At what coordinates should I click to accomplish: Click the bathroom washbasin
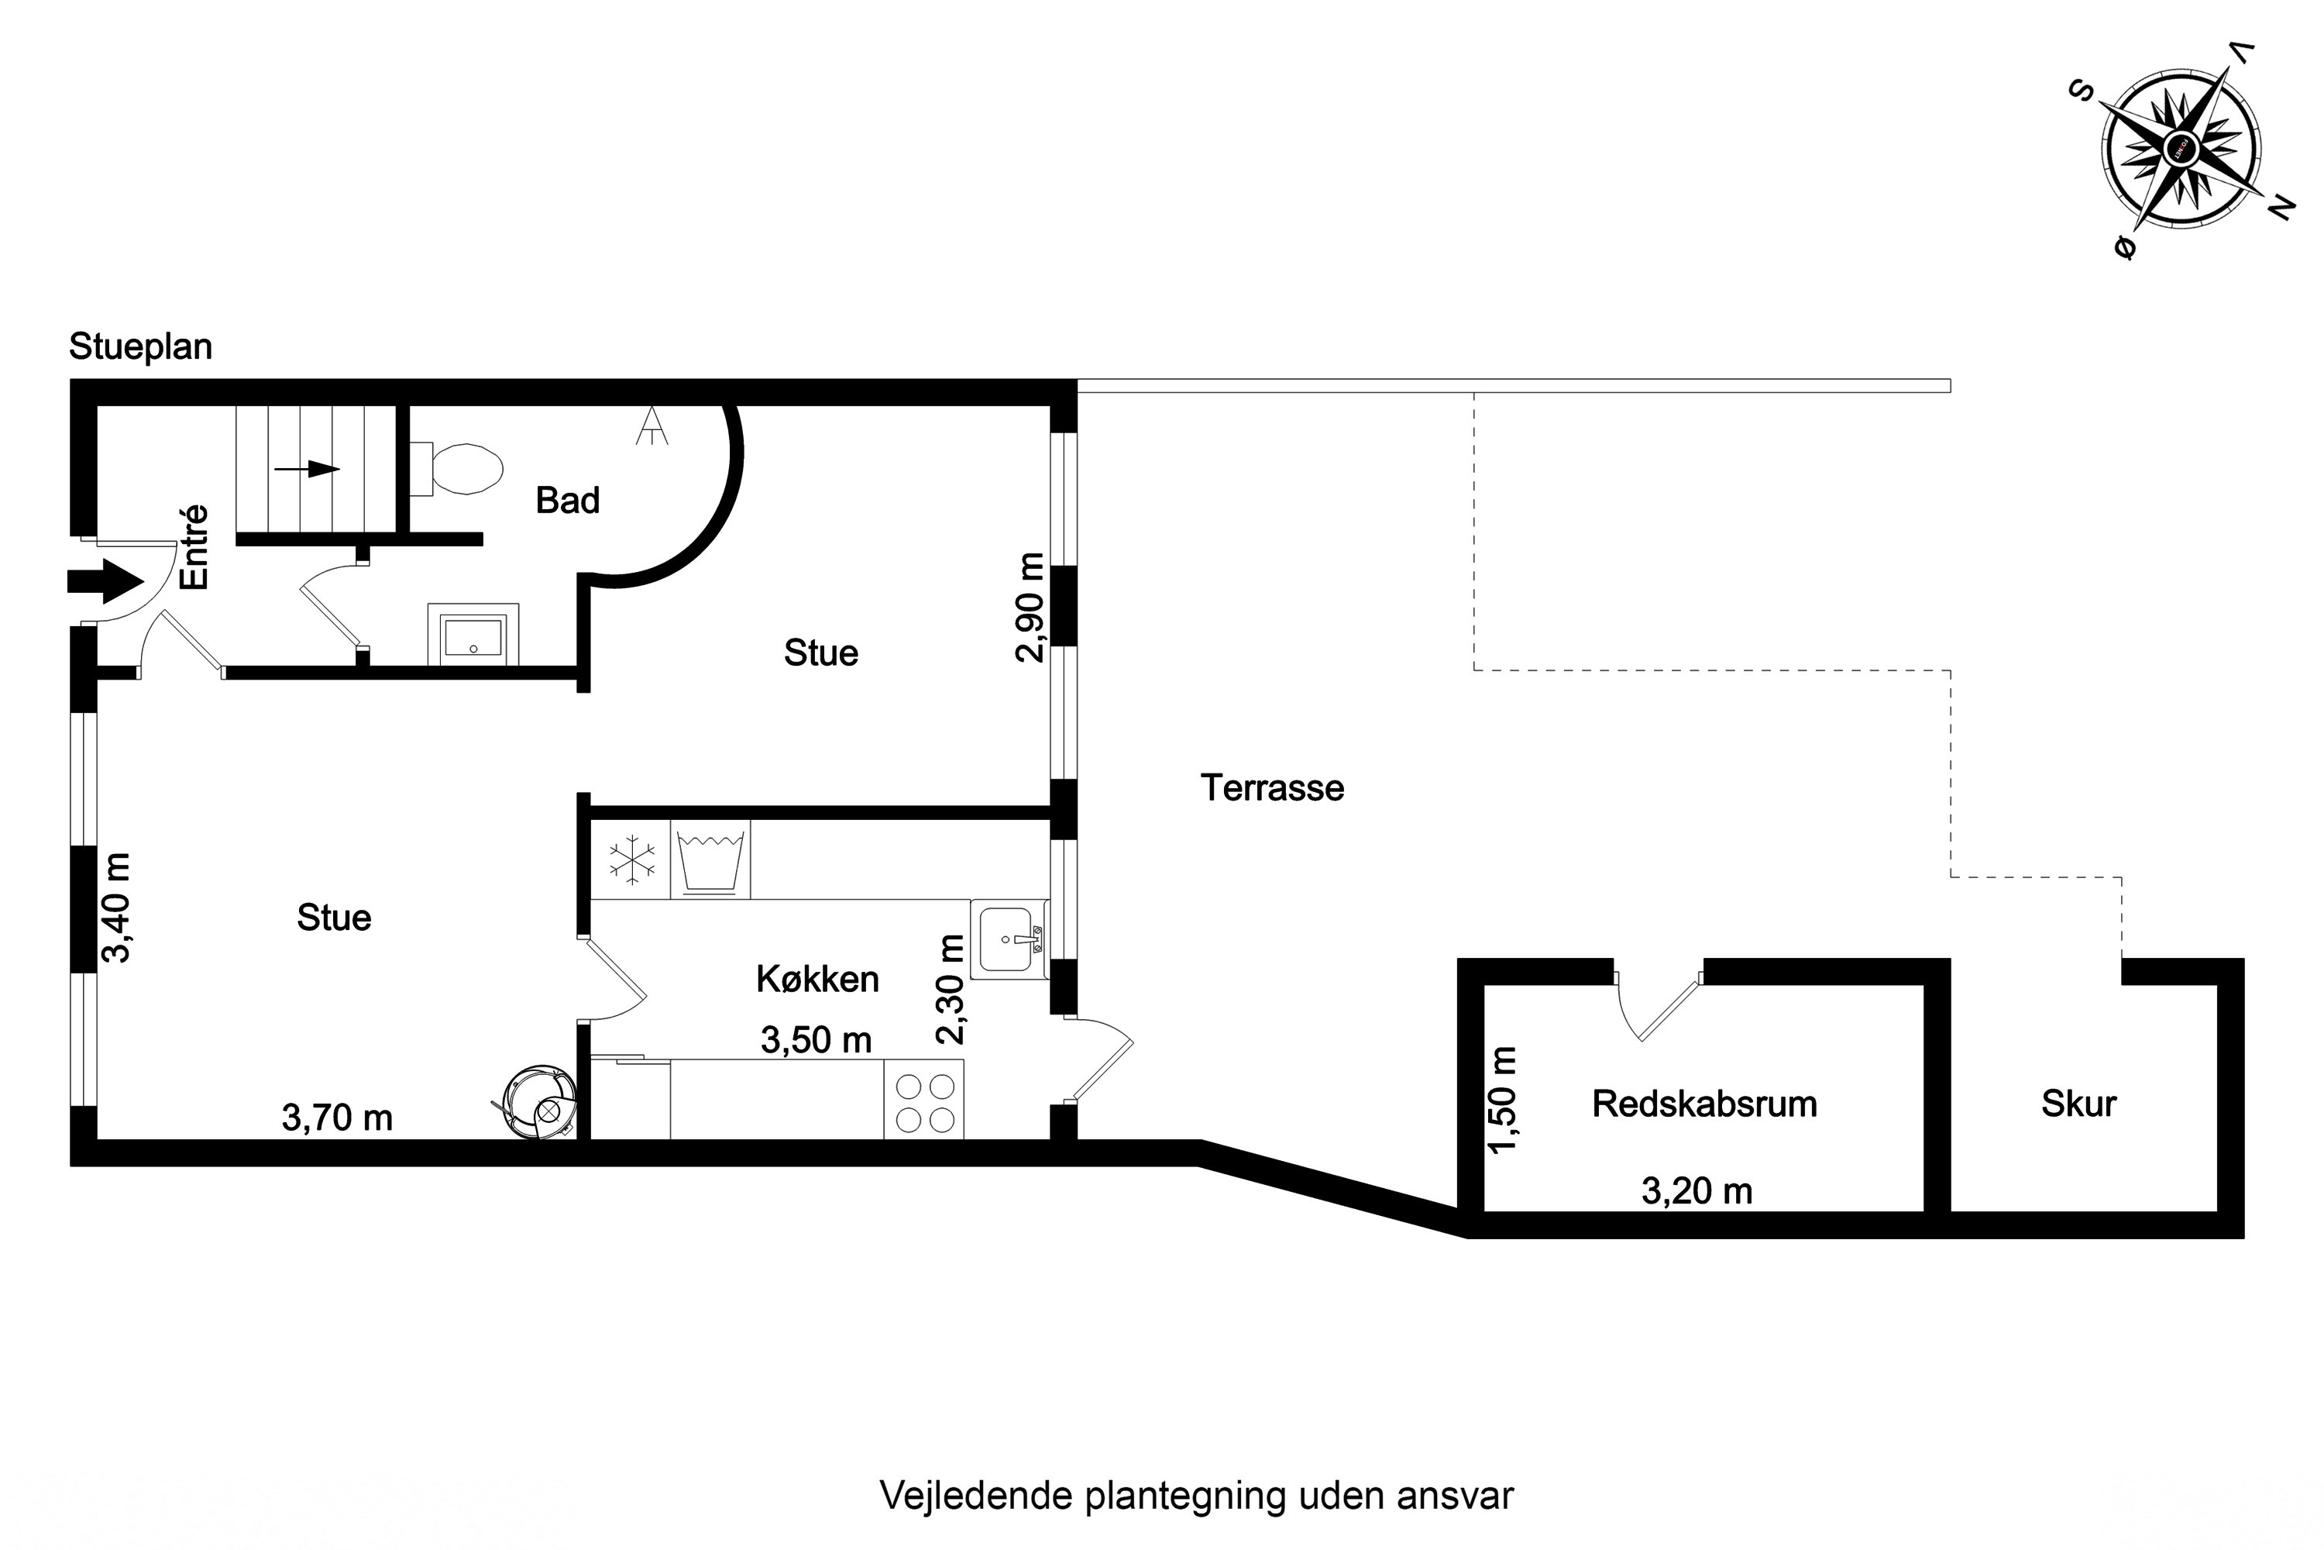click(x=473, y=635)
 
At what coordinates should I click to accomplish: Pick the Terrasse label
click(x=1273, y=788)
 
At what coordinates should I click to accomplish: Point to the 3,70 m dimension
click(x=337, y=1118)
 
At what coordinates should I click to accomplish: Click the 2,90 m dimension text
click(x=1030, y=607)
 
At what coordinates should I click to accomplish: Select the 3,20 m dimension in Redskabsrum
click(x=1697, y=1191)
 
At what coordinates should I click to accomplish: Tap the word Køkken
click(x=817, y=979)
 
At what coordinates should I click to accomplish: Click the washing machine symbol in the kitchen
click(x=710, y=859)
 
